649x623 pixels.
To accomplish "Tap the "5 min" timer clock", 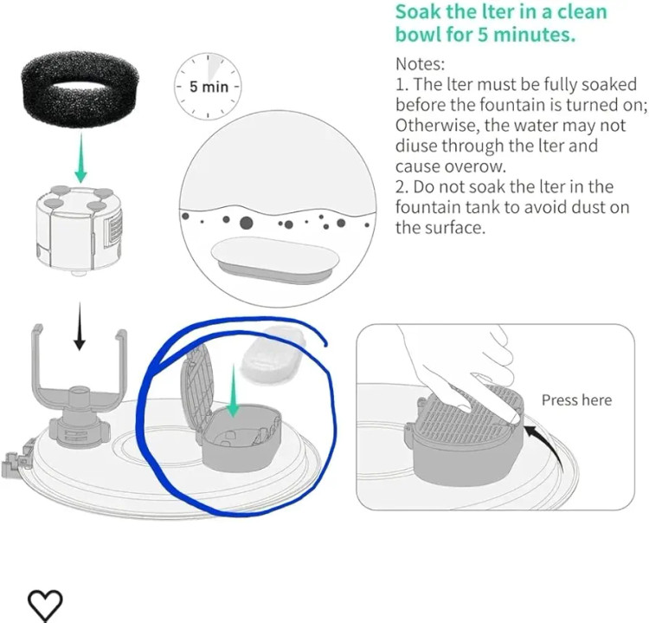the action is click(x=208, y=87).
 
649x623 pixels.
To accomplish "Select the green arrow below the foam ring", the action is click(x=81, y=159).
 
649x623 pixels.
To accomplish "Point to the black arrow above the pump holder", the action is click(x=80, y=326).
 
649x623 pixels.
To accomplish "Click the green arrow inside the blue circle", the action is click(x=234, y=391).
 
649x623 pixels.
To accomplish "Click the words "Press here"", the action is click(x=576, y=400).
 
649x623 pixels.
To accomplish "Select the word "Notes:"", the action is click(x=420, y=64).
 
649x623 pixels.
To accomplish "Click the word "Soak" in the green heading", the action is click(x=418, y=11).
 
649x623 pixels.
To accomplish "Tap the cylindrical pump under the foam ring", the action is click(x=79, y=230).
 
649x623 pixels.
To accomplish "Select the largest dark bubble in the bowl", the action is click(x=246, y=223).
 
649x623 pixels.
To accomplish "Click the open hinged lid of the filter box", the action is click(x=197, y=392).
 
